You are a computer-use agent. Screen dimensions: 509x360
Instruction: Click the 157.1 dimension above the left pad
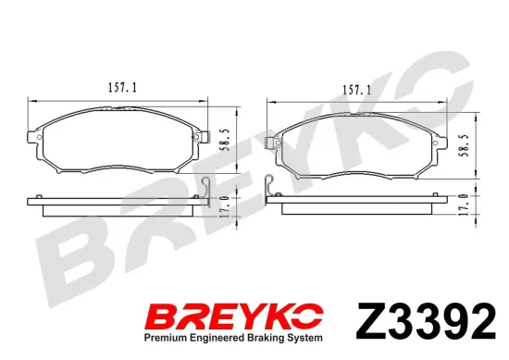[122, 88]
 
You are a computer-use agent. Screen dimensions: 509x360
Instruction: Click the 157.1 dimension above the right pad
[356, 90]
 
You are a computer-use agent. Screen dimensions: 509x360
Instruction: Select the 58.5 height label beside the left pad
[226, 140]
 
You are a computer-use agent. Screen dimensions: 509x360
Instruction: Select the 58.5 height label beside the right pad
[465, 145]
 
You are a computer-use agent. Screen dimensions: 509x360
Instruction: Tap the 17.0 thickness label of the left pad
[226, 206]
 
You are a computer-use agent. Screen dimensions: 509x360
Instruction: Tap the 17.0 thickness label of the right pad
[465, 205]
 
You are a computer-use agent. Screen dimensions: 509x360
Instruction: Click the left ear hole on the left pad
[39, 137]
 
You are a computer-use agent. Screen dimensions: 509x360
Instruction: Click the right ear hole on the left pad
[196, 137]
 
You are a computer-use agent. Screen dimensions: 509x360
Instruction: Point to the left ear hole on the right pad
[279, 143]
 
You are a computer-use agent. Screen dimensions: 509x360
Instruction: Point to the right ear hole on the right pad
[436, 143]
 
